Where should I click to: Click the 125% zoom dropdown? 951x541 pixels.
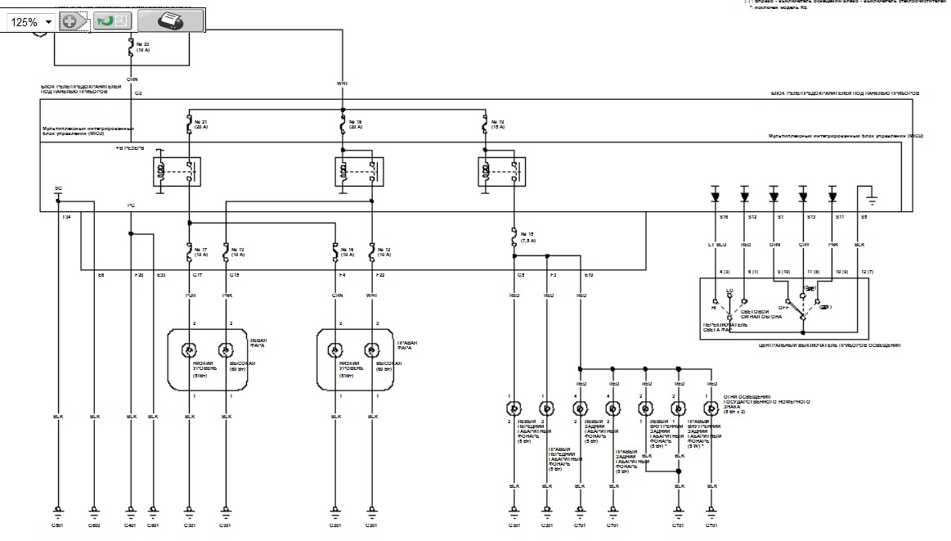tap(31, 22)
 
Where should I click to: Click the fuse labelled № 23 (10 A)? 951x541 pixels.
tap(131, 49)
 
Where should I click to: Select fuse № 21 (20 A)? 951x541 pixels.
tap(190, 124)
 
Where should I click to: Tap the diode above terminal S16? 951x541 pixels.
tap(715, 196)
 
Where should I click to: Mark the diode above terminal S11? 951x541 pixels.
tap(832, 196)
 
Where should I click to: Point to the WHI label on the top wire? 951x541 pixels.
tap(342, 83)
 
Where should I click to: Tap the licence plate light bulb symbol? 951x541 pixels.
tap(711, 407)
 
